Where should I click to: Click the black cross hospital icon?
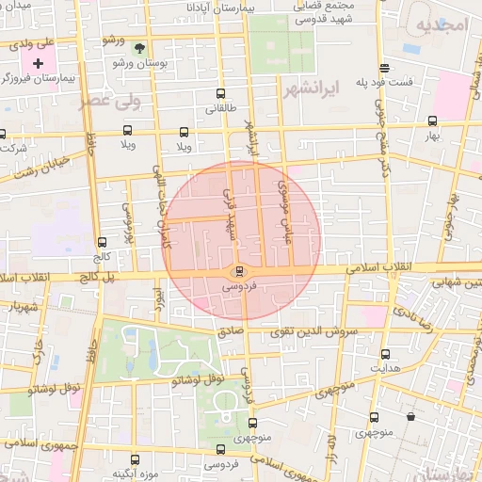click(x=38, y=63)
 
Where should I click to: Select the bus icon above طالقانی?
click(x=220, y=93)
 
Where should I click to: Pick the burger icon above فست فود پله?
click(x=384, y=68)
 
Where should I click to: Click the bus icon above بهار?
click(x=432, y=120)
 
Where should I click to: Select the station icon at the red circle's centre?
click(x=237, y=270)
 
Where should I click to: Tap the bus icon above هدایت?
click(x=385, y=354)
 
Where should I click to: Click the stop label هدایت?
click(x=385, y=368)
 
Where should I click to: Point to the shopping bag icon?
click(x=410, y=416)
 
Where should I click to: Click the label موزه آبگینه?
click(x=135, y=474)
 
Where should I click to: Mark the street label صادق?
click(x=231, y=331)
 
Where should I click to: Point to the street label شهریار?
click(x=21, y=307)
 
